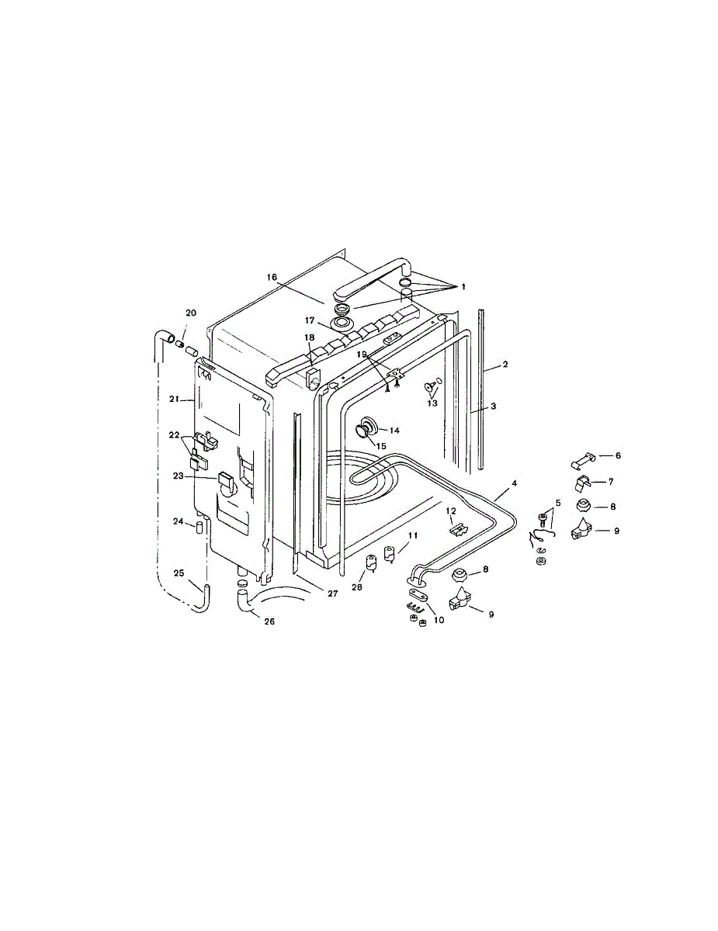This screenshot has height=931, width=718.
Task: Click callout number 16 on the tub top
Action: point(272,277)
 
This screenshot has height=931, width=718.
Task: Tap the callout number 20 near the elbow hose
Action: point(191,313)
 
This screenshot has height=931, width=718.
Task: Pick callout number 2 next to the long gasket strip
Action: point(505,364)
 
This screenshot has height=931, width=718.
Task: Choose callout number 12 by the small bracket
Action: point(449,513)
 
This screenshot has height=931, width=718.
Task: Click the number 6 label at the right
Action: point(618,456)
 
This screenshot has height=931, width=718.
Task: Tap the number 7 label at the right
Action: point(611,482)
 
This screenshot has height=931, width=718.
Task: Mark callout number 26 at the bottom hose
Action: point(269,621)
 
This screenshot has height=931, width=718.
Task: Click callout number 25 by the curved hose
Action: point(179,573)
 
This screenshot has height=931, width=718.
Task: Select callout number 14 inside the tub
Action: point(394,430)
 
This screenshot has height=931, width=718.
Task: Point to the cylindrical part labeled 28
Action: point(371,562)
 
